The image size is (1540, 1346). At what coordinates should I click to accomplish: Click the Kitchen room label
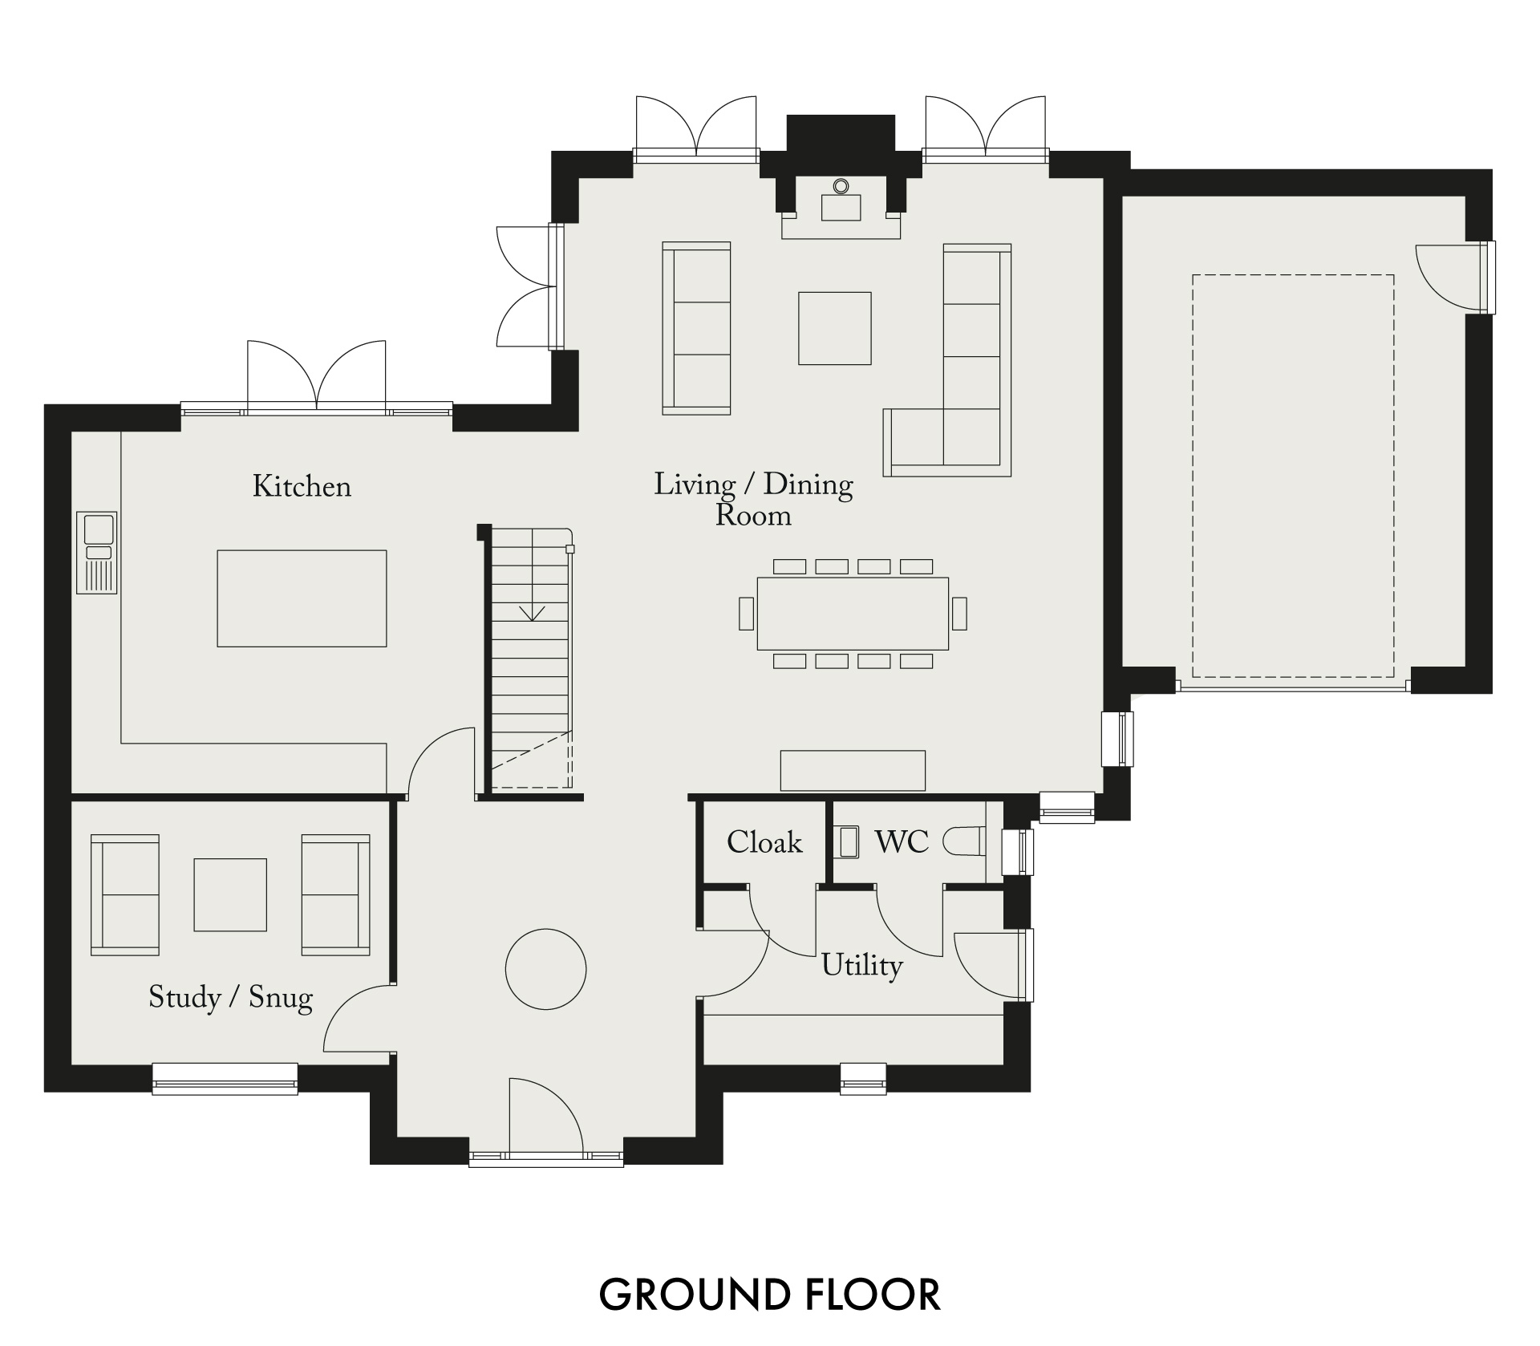(x=302, y=487)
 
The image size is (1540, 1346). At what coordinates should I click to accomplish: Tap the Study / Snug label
(x=230, y=998)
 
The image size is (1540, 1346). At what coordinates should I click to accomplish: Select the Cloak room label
(x=764, y=842)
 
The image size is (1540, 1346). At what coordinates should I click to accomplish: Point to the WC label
(x=902, y=842)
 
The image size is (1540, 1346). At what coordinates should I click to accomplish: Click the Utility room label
(x=862, y=965)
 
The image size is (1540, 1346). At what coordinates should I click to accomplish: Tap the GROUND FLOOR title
(x=770, y=1295)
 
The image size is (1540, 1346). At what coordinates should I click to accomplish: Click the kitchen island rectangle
(x=302, y=598)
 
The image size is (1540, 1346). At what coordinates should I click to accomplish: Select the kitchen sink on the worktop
(x=97, y=553)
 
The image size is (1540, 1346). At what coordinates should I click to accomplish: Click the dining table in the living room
(x=853, y=614)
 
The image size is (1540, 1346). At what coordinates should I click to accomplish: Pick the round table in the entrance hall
(x=545, y=969)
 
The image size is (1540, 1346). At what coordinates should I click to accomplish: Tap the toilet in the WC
(x=962, y=842)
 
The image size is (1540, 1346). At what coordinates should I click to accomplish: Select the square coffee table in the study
(x=230, y=894)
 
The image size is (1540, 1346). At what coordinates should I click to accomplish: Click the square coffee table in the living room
(x=834, y=328)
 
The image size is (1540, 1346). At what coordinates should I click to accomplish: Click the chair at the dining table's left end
(x=746, y=614)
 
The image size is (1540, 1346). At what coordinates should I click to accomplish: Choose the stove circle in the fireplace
(x=841, y=186)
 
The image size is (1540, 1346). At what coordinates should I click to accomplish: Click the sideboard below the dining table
(x=853, y=770)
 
